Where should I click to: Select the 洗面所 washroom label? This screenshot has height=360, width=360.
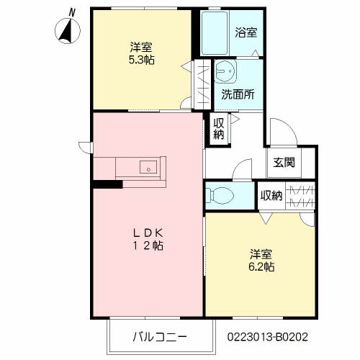[237, 94]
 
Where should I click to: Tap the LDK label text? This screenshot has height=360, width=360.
[148, 233]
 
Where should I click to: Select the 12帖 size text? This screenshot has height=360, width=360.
[148, 246]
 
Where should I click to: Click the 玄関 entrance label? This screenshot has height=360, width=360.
[283, 162]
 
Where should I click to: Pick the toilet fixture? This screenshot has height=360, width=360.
[220, 194]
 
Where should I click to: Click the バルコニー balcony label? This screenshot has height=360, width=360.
[159, 336]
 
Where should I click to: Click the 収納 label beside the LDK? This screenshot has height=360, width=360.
[218, 127]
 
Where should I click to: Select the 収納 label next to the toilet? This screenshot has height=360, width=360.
[271, 195]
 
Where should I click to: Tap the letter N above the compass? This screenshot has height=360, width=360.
[72, 11]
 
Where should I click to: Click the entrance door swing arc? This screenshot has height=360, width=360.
[282, 130]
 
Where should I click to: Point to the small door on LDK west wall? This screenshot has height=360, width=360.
[85, 148]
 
